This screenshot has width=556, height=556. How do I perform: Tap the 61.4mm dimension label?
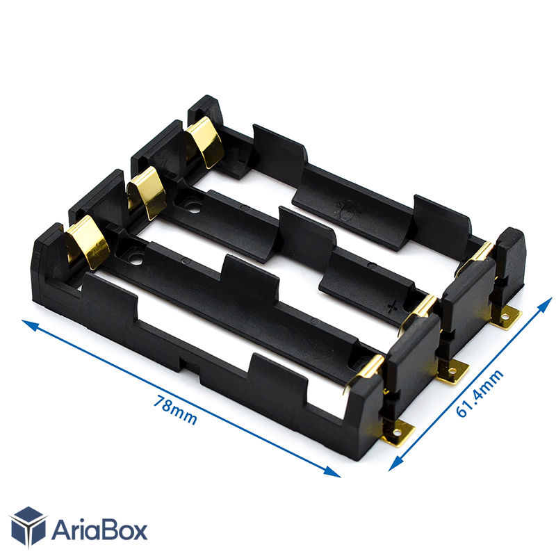click(480, 393)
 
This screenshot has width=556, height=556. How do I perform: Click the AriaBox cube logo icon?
click(28, 526)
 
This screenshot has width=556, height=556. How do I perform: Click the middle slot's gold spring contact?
click(147, 192)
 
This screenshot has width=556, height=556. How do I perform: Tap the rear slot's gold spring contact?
click(205, 141)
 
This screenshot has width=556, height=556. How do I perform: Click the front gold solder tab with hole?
click(398, 433)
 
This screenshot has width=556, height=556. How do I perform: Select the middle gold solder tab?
click(453, 371)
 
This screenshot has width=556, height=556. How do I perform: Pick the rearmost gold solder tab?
click(507, 318)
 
